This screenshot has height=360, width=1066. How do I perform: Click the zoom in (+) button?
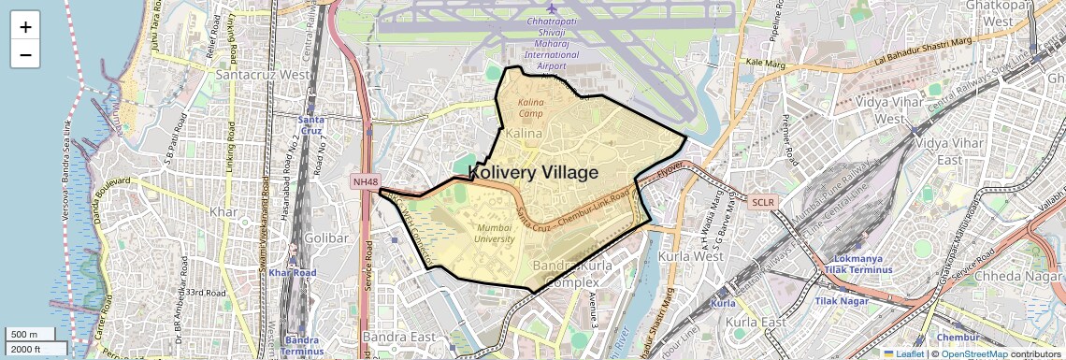[25, 26]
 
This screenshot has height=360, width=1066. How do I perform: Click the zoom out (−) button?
[25, 54]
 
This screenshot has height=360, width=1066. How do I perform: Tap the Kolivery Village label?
[532, 172]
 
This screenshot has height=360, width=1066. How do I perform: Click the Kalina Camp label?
[530, 107]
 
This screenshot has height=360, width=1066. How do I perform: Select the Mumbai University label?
[496, 233]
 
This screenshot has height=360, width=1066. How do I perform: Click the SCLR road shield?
[762, 201]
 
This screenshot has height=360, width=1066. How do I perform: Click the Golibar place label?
[326, 238]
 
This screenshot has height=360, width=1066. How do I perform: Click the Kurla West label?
[722, 256]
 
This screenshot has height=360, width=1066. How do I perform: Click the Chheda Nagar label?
[1018, 277]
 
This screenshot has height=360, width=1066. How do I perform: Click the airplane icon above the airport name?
[551, 9]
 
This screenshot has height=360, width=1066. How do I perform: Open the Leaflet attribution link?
[903, 353]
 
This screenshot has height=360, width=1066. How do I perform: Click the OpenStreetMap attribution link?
[973, 353]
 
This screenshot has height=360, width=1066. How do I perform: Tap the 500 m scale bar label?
[24, 335]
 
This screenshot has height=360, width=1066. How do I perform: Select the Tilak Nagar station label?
[837, 301]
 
